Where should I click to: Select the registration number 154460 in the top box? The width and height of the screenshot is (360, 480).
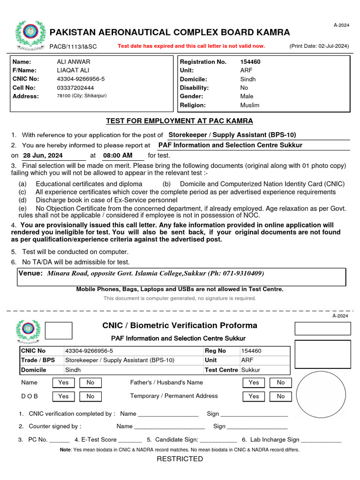tap(250, 62)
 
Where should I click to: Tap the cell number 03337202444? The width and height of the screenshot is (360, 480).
tap(75, 88)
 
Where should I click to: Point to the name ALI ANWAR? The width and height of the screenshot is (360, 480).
tap(74, 62)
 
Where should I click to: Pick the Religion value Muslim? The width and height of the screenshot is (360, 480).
tap(249, 105)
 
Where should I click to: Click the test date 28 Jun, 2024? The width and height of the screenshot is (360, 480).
tap(43, 156)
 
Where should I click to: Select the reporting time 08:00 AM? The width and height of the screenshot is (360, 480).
tap(118, 156)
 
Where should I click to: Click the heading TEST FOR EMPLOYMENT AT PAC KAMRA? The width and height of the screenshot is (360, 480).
tap(180, 121)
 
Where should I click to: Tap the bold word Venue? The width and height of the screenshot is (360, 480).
tap(31, 273)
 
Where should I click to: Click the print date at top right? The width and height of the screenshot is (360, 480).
tap(319, 46)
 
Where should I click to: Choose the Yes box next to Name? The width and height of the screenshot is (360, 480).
tap(63, 382)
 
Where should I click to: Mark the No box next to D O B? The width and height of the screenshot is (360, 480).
tap(90, 396)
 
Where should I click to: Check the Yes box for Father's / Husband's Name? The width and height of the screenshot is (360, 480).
tap(254, 382)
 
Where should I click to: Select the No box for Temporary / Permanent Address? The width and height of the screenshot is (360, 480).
tap(281, 396)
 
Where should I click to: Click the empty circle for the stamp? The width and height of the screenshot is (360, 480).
tap(321, 395)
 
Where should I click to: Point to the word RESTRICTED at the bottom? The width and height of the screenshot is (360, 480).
tap(180, 459)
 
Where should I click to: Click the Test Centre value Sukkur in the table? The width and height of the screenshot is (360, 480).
tap(251, 370)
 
